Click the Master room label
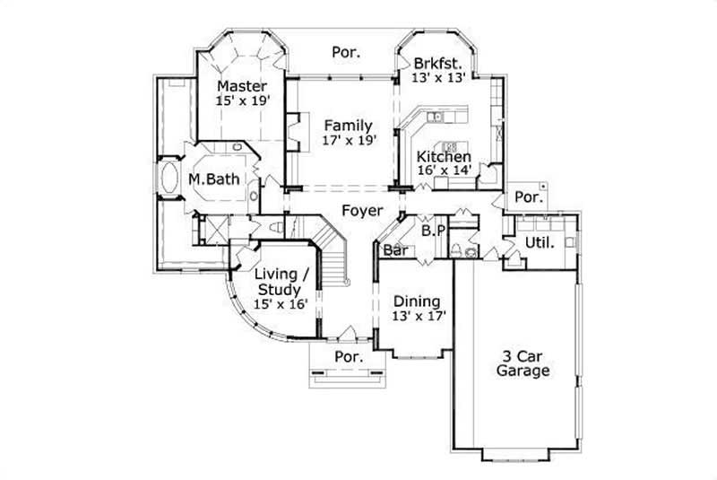(x=242, y=86)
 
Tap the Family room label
(x=349, y=125)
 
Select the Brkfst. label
(x=438, y=64)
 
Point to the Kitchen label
(x=444, y=157)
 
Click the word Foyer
(x=361, y=212)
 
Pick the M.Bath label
(x=213, y=179)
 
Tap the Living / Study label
(x=282, y=281)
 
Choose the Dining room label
(x=417, y=301)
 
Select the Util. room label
(x=539, y=242)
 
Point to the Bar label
(x=394, y=251)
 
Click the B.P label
(x=434, y=231)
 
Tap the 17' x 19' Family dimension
(x=349, y=140)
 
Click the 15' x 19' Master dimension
(x=242, y=101)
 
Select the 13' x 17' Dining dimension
(x=419, y=316)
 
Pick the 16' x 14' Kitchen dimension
(x=444, y=171)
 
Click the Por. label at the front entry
(x=348, y=356)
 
